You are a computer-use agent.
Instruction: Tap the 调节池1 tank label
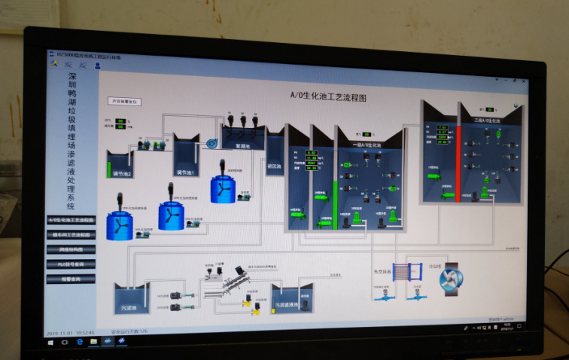coord(185,172)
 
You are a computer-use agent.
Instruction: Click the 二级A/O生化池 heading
coord(486,120)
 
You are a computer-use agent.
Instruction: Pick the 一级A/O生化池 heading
coord(367,144)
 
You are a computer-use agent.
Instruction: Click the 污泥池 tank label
coord(131,308)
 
